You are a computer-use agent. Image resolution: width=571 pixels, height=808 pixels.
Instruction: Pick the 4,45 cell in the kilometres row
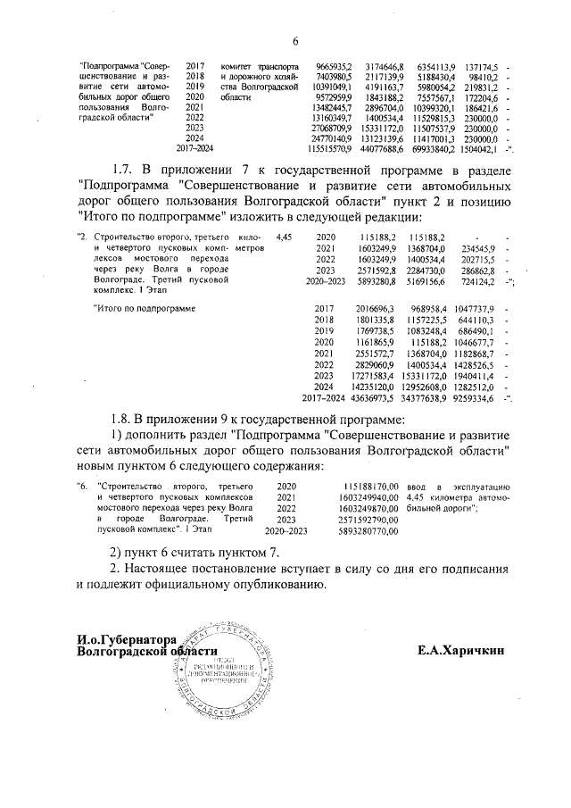[x=285, y=237]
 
